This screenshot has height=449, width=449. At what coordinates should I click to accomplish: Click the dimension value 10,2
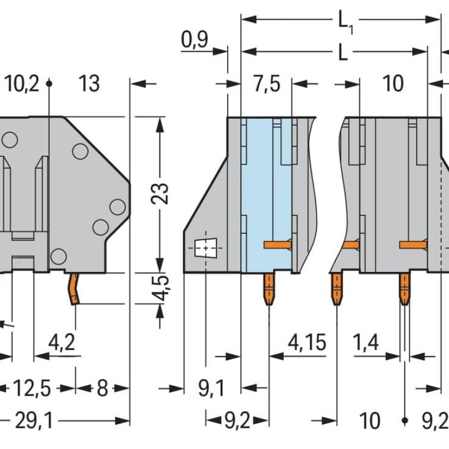click(22, 84)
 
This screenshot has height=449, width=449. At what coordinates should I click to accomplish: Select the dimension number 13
click(89, 84)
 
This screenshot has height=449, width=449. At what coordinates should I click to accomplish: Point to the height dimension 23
click(161, 194)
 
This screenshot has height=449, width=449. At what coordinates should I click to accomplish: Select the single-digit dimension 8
click(102, 388)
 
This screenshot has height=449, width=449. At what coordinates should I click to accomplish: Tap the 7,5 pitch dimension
click(266, 84)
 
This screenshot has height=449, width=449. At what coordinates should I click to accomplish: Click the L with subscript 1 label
click(345, 21)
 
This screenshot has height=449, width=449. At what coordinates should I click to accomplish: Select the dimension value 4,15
click(306, 341)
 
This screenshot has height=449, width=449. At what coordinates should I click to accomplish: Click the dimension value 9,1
click(212, 388)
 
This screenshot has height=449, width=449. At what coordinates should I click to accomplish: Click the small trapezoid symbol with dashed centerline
click(205, 247)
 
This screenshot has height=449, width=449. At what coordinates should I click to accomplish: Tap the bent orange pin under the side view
click(74, 289)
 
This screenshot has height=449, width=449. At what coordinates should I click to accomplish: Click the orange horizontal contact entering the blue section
click(277, 244)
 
